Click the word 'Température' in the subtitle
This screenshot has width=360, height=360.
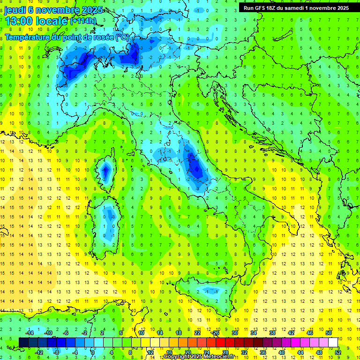28,37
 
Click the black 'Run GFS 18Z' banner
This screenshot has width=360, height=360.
296,8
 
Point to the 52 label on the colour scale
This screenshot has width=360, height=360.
338,352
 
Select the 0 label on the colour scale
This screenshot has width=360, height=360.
93,352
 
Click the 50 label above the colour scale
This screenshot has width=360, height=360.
329,333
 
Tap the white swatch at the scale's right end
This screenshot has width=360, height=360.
333,342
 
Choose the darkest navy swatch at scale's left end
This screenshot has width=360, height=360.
23,342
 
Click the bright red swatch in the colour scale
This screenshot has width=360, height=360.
220,342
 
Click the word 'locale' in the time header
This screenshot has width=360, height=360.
52,22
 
